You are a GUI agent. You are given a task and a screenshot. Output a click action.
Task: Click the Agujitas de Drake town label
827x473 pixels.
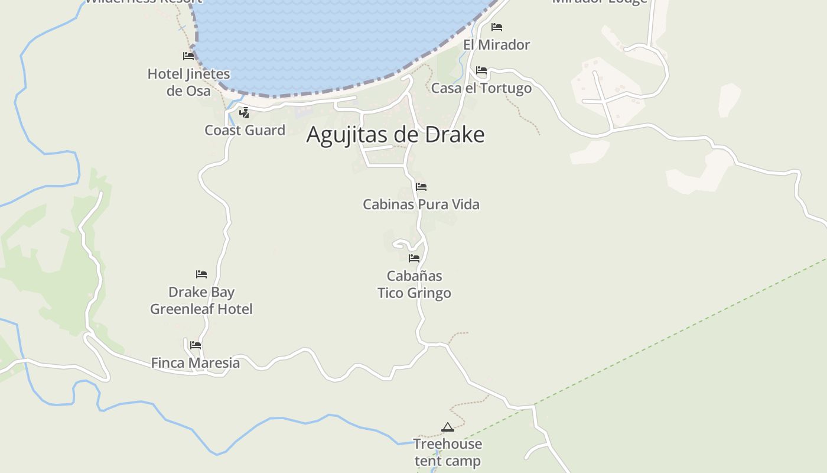395,135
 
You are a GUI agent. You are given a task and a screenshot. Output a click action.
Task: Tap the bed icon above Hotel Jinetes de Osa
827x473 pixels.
188,56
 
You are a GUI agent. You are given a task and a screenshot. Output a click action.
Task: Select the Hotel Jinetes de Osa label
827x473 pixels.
188,82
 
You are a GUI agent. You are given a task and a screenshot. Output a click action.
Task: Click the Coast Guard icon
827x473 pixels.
244,113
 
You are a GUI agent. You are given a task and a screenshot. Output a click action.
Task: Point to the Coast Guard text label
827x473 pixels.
245,130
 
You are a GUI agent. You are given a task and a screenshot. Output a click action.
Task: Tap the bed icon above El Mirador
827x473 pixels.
497,27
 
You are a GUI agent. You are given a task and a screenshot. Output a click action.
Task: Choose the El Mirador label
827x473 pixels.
496,44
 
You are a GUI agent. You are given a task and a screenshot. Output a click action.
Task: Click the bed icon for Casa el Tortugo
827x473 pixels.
481,70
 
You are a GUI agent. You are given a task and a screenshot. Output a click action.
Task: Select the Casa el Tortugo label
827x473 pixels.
481,88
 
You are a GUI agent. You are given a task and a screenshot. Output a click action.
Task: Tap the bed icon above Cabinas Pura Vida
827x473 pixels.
421,187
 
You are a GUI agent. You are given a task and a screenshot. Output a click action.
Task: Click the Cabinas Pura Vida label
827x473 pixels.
421,205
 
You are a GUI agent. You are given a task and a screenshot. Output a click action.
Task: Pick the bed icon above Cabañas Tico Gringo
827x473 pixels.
414,258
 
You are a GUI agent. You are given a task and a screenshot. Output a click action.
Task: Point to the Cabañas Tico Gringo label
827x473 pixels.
414,284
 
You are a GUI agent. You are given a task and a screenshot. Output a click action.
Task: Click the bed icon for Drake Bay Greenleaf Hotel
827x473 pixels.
201,274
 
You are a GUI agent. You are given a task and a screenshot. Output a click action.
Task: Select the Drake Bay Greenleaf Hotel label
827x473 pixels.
201,300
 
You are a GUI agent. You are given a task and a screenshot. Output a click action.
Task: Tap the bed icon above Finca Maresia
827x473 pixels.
196,345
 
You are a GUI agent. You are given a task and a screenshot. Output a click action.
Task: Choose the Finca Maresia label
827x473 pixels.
196,363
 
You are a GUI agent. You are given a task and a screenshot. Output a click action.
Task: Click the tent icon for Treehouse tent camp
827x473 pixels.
448,427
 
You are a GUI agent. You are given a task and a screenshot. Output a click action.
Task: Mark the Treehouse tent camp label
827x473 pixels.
448,452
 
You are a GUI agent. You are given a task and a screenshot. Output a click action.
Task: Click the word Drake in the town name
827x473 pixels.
455,135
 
